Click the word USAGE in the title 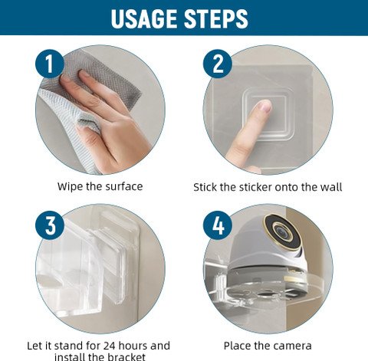[145, 18]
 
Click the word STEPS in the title [216, 18]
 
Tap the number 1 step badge [50, 64]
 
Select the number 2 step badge [218, 64]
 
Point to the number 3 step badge [50, 225]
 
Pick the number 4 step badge [218, 225]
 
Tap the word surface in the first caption [124, 186]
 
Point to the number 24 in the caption [110, 346]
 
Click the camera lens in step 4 [282, 231]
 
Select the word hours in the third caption [133, 346]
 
